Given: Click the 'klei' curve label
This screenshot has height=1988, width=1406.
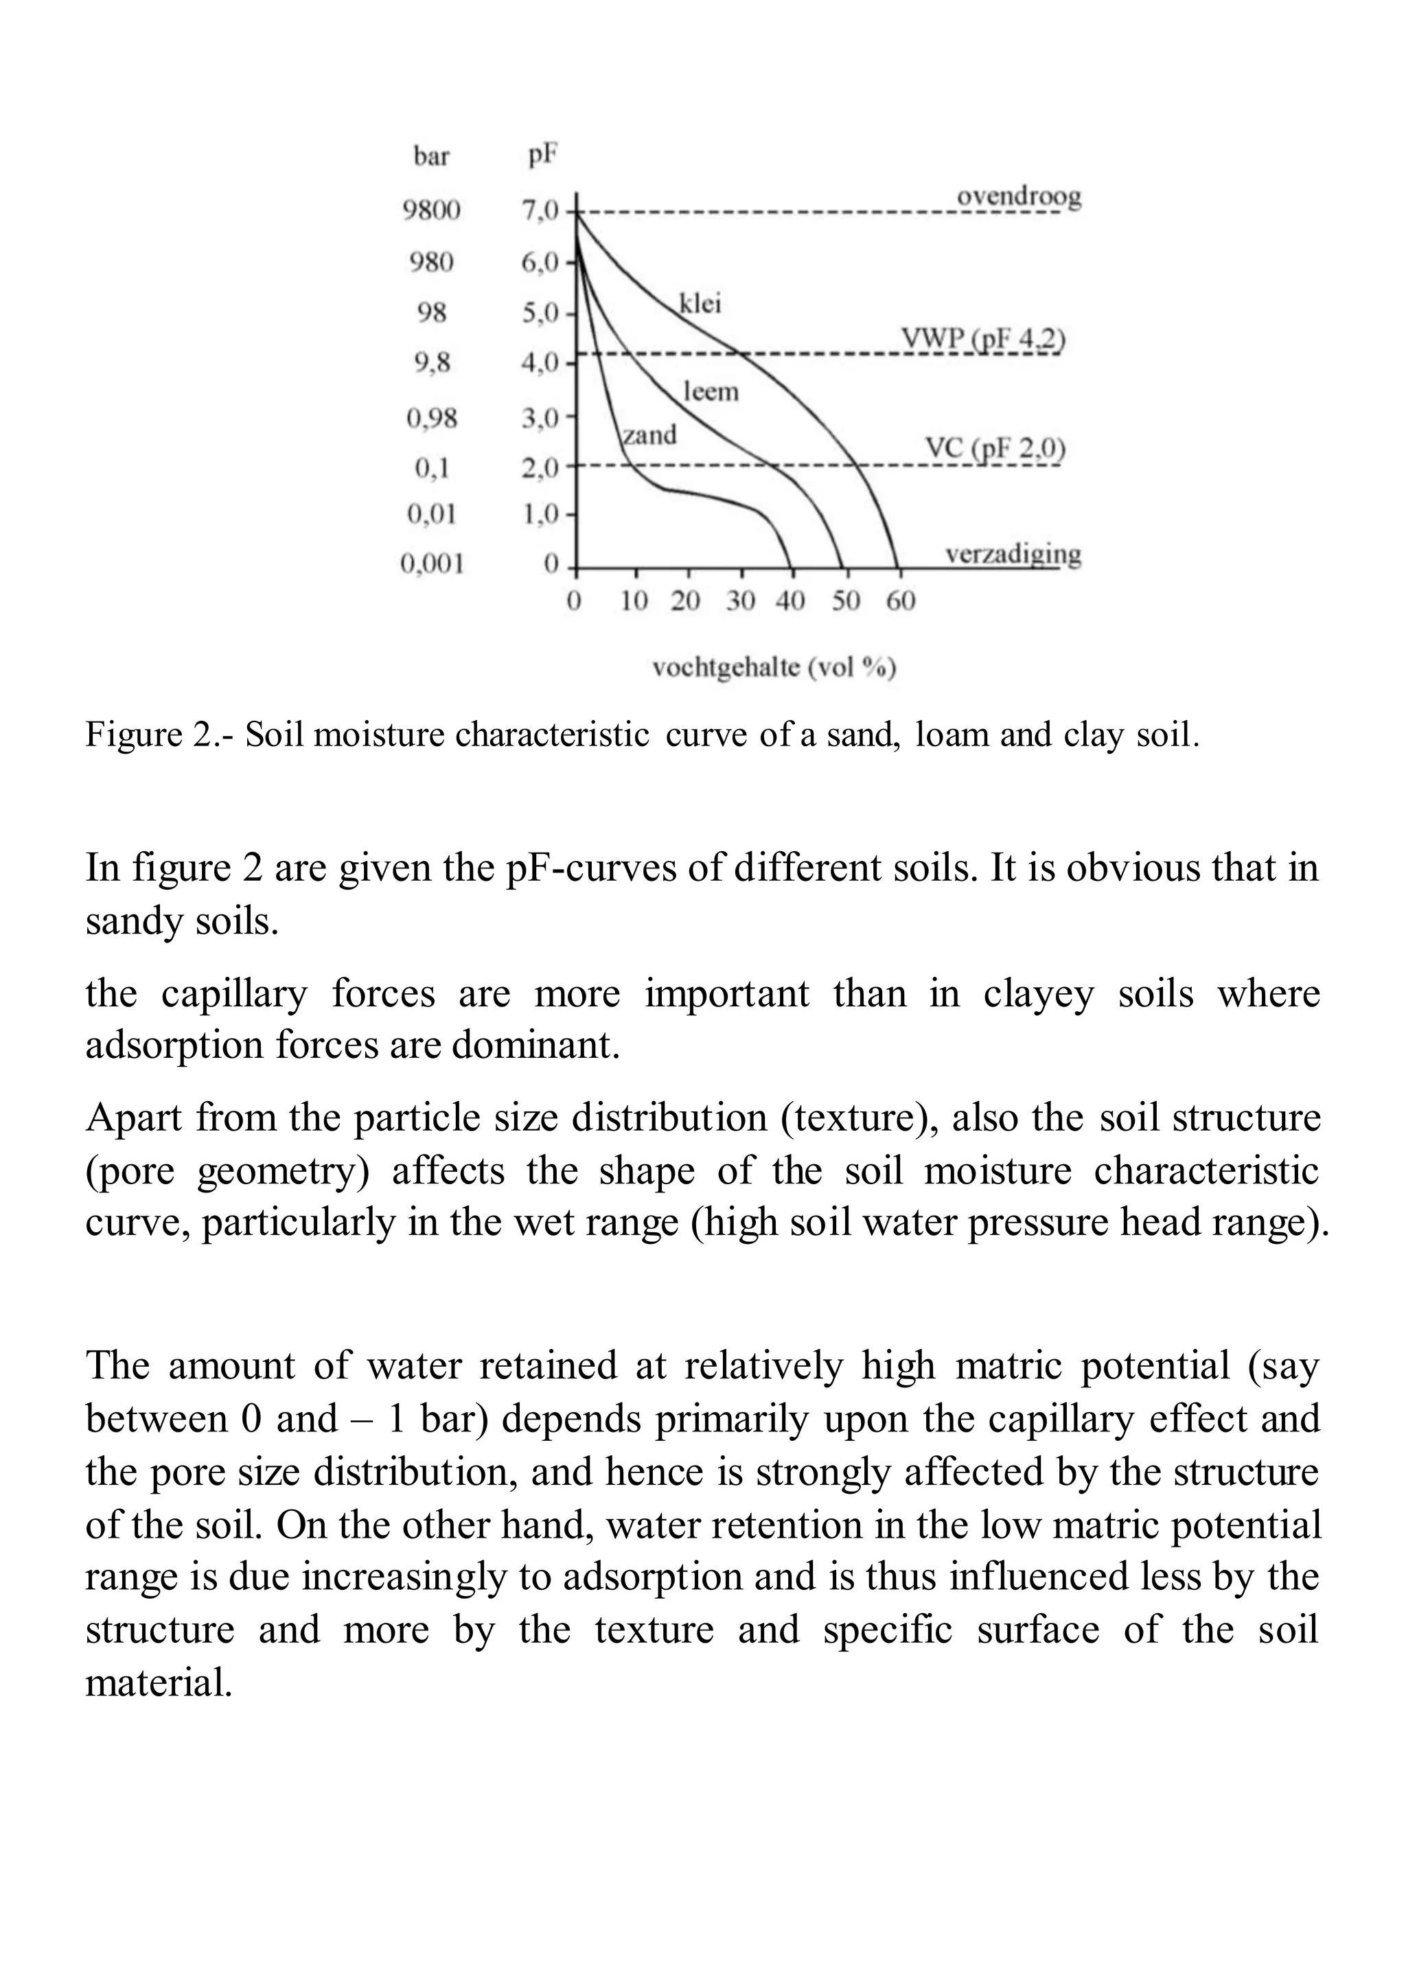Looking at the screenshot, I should pyautogui.click(x=700, y=304).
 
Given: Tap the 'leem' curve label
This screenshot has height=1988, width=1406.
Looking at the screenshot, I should pyautogui.click(x=711, y=391).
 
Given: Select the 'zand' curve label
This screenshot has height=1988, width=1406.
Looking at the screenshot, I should pyautogui.click(x=649, y=435).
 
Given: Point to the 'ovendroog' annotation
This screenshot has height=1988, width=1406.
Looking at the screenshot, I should pyautogui.click(x=1018, y=198).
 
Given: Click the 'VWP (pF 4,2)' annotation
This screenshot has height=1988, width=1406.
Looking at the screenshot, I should pyautogui.click(x=982, y=338).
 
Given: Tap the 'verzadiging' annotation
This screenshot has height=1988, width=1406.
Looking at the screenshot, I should pyautogui.click(x=1012, y=553).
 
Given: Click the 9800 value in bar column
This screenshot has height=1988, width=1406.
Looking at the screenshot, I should pyautogui.click(x=431, y=209).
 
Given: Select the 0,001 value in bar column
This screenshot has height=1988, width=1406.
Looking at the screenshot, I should pyautogui.click(x=431, y=564).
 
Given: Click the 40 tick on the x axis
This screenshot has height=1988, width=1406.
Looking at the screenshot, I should pyautogui.click(x=790, y=601).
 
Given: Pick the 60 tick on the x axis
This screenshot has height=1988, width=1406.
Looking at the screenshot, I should pyautogui.click(x=901, y=601).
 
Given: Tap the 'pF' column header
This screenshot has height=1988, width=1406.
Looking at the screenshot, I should pyautogui.click(x=542, y=156).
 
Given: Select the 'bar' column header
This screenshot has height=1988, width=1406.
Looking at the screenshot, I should pyautogui.click(x=431, y=157).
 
